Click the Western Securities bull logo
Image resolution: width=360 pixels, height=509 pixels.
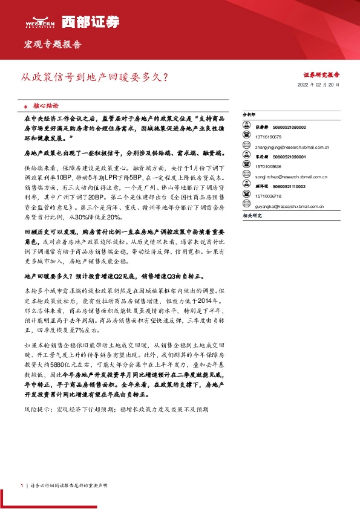pyautogui.click(x=39, y=22)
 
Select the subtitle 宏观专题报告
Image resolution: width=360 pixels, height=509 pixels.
pyautogui.click(x=52, y=45)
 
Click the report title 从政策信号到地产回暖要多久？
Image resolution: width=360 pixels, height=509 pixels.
pyautogui.click(x=95, y=77)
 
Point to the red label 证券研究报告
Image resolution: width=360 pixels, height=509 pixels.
pyautogui.click(x=321, y=75)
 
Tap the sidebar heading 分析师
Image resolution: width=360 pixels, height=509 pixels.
pyautogui.click(x=249, y=114)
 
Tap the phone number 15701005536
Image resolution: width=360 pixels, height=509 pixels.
pyautogui.click(x=268, y=166)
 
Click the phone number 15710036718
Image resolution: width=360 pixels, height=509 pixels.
pyautogui.click(x=268, y=196)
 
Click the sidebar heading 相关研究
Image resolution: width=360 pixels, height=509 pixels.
pyautogui.click(x=251, y=215)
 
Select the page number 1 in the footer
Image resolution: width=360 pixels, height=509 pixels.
pyautogui.click(x=22, y=485)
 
